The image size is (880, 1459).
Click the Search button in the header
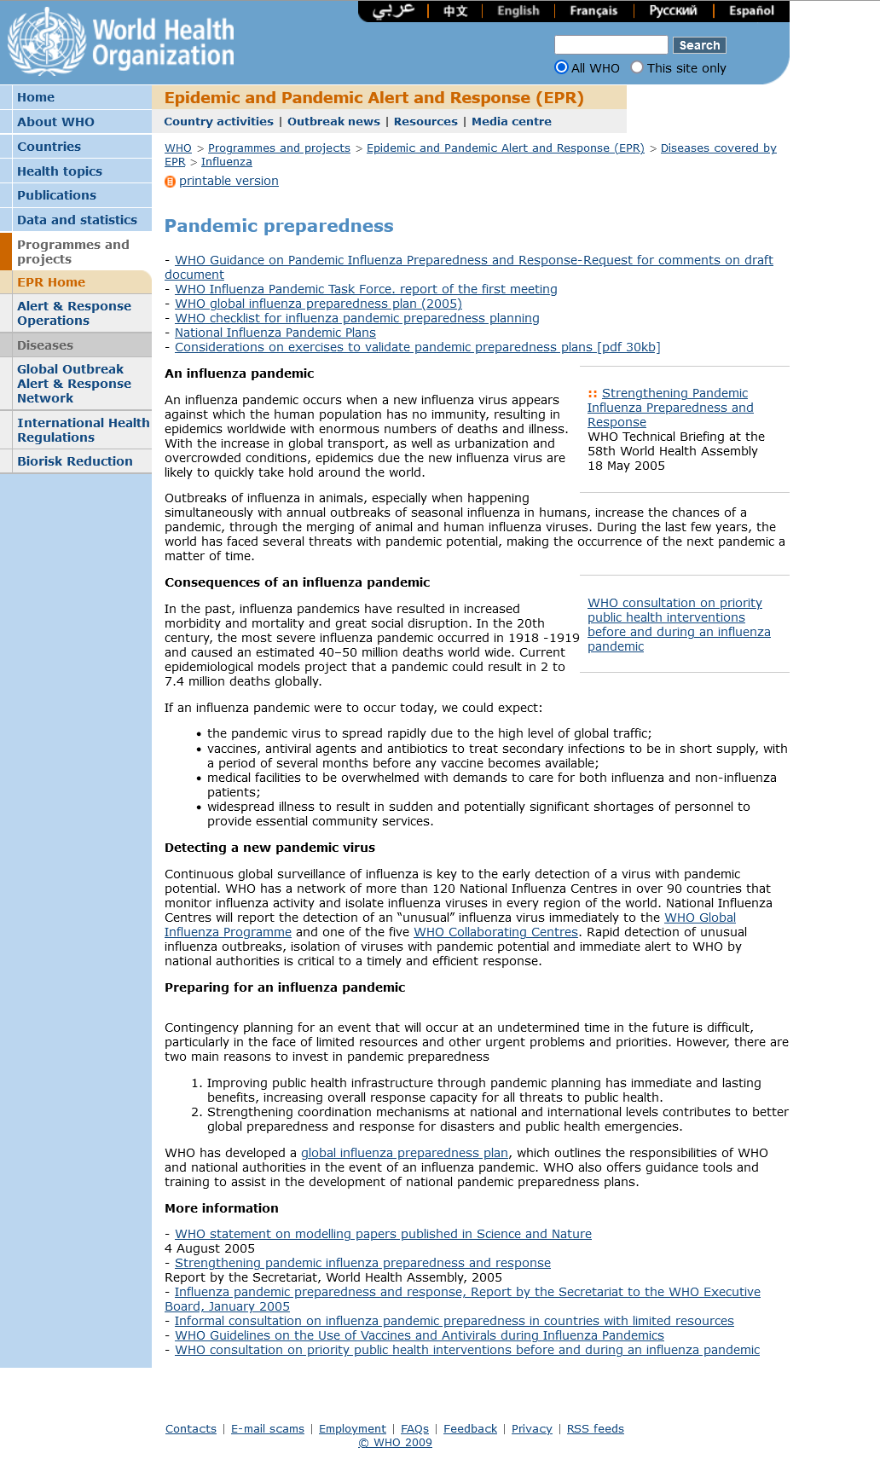[699, 45]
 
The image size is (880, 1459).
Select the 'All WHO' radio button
[561, 67]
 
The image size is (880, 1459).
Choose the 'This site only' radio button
[637, 67]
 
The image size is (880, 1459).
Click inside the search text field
[611, 44]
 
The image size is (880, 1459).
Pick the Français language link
[593, 11]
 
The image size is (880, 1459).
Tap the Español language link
[751, 11]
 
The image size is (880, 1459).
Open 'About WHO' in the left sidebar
[55, 122]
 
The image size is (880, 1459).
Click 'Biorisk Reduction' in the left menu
[75, 461]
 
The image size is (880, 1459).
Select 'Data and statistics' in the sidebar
[77, 220]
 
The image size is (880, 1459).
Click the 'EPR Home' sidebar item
[51, 282]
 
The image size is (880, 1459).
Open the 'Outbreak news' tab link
[333, 122]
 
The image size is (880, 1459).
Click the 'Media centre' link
[512, 122]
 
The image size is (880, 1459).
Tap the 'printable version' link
[229, 181]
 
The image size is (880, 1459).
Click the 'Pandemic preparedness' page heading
[279, 226]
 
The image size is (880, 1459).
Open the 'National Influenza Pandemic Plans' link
[275, 333]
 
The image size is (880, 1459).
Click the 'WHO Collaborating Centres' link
[495, 932]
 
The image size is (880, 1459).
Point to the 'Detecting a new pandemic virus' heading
[269, 848]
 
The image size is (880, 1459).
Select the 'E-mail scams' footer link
[268, 1429]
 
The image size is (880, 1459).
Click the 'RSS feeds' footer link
[595, 1429]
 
